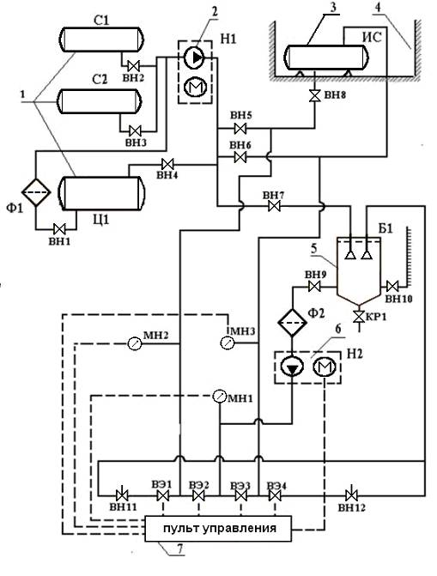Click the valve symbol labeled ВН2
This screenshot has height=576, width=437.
(x=133, y=66)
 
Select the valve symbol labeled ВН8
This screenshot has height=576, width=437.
(x=314, y=96)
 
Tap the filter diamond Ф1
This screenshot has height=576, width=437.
(x=36, y=192)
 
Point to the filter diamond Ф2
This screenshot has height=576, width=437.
(x=292, y=322)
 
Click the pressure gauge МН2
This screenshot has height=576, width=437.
(x=134, y=343)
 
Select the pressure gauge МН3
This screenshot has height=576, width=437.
(x=227, y=343)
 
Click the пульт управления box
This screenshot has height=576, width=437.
(x=218, y=529)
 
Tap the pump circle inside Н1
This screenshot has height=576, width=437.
(x=194, y=58)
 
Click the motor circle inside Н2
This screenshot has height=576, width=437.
(x=325, y=367)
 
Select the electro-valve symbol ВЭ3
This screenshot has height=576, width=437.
(x=240, y=496)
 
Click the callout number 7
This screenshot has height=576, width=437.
(x=179, y=549)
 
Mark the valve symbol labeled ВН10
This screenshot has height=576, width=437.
(x=392, y=286)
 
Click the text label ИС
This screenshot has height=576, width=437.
(x=373, y=37)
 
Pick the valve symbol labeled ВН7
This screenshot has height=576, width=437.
(x=274, y=206)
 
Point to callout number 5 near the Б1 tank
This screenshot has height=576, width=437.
(x=313, y=249)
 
